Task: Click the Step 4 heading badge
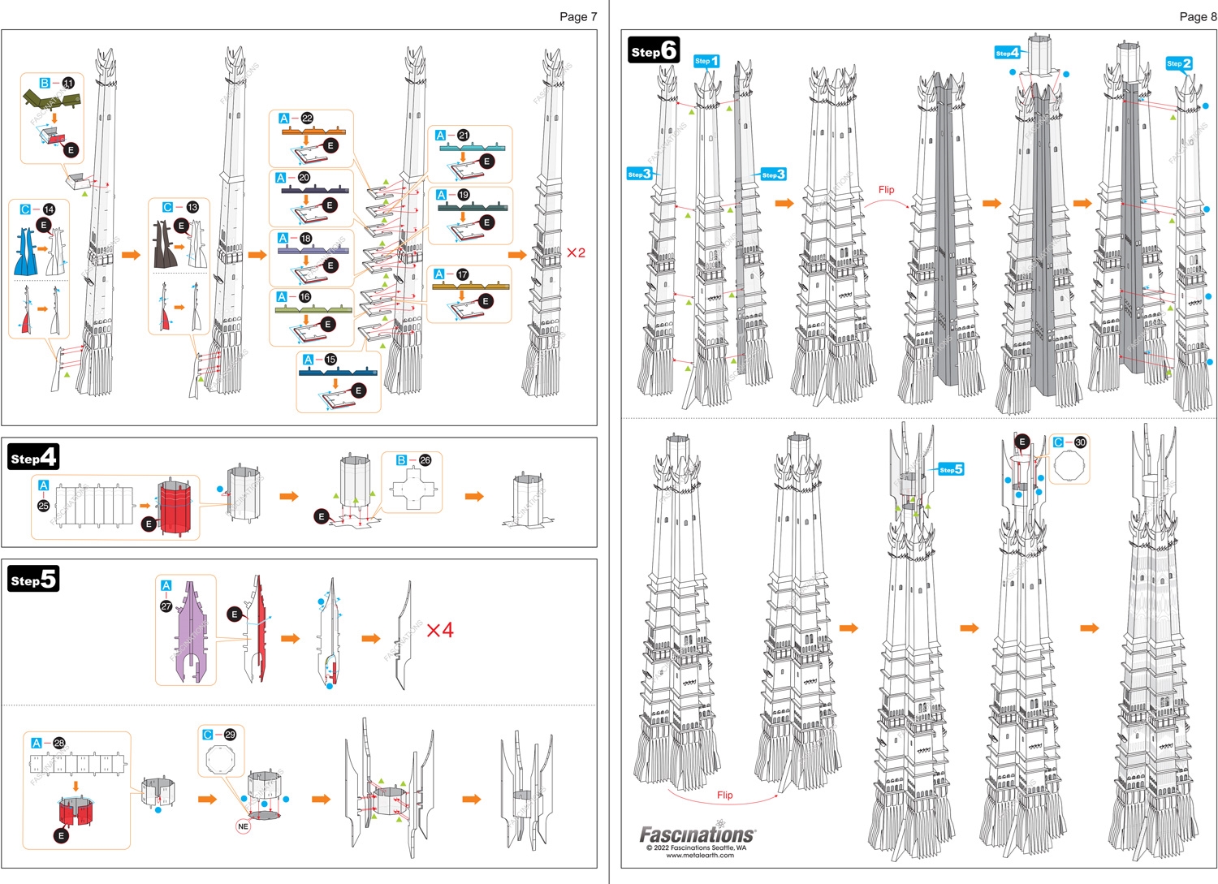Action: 32,457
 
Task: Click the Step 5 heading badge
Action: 32,579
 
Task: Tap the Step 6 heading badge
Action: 654,51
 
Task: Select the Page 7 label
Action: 577,16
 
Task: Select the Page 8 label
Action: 1198,16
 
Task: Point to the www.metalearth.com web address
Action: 699,855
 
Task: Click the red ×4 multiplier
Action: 439,630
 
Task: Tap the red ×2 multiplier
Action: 576,252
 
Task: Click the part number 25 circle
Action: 44,506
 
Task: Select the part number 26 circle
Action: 425,460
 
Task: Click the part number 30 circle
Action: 1080,442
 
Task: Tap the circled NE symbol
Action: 243,826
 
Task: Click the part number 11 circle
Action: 68,83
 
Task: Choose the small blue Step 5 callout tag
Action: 951,469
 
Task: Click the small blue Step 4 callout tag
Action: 1007,53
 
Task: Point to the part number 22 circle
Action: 307,119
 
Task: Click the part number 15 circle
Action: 330,360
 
